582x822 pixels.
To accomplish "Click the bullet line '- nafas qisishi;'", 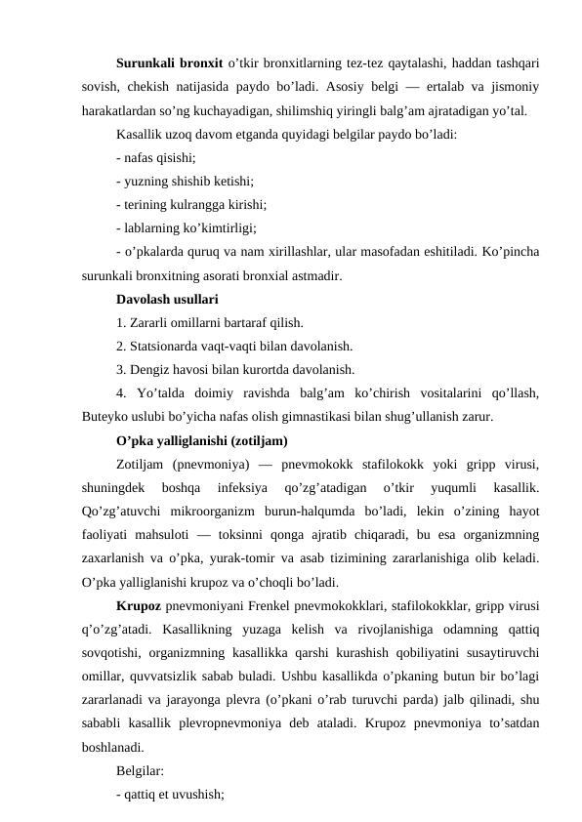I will pos(154,158).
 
